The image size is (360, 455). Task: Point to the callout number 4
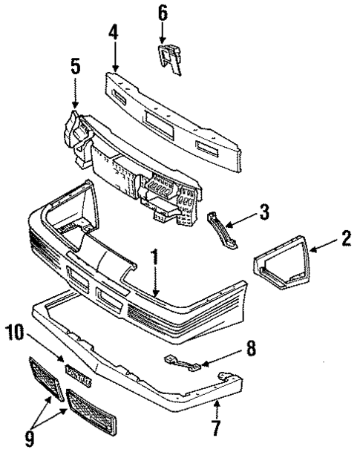(x=113, y=33)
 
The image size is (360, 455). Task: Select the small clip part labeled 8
(x=183, y=362)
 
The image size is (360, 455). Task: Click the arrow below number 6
(x=163, y=31)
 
